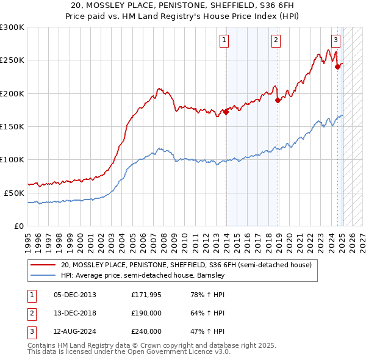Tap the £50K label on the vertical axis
click(14, 192)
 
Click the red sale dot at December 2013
click(226, 112)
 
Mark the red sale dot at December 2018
click(278, 100)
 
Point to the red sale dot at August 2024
click(337, 67)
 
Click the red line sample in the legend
click(44, 265)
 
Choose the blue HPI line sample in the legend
click(44, 275)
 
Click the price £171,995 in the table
click(146, 295)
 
